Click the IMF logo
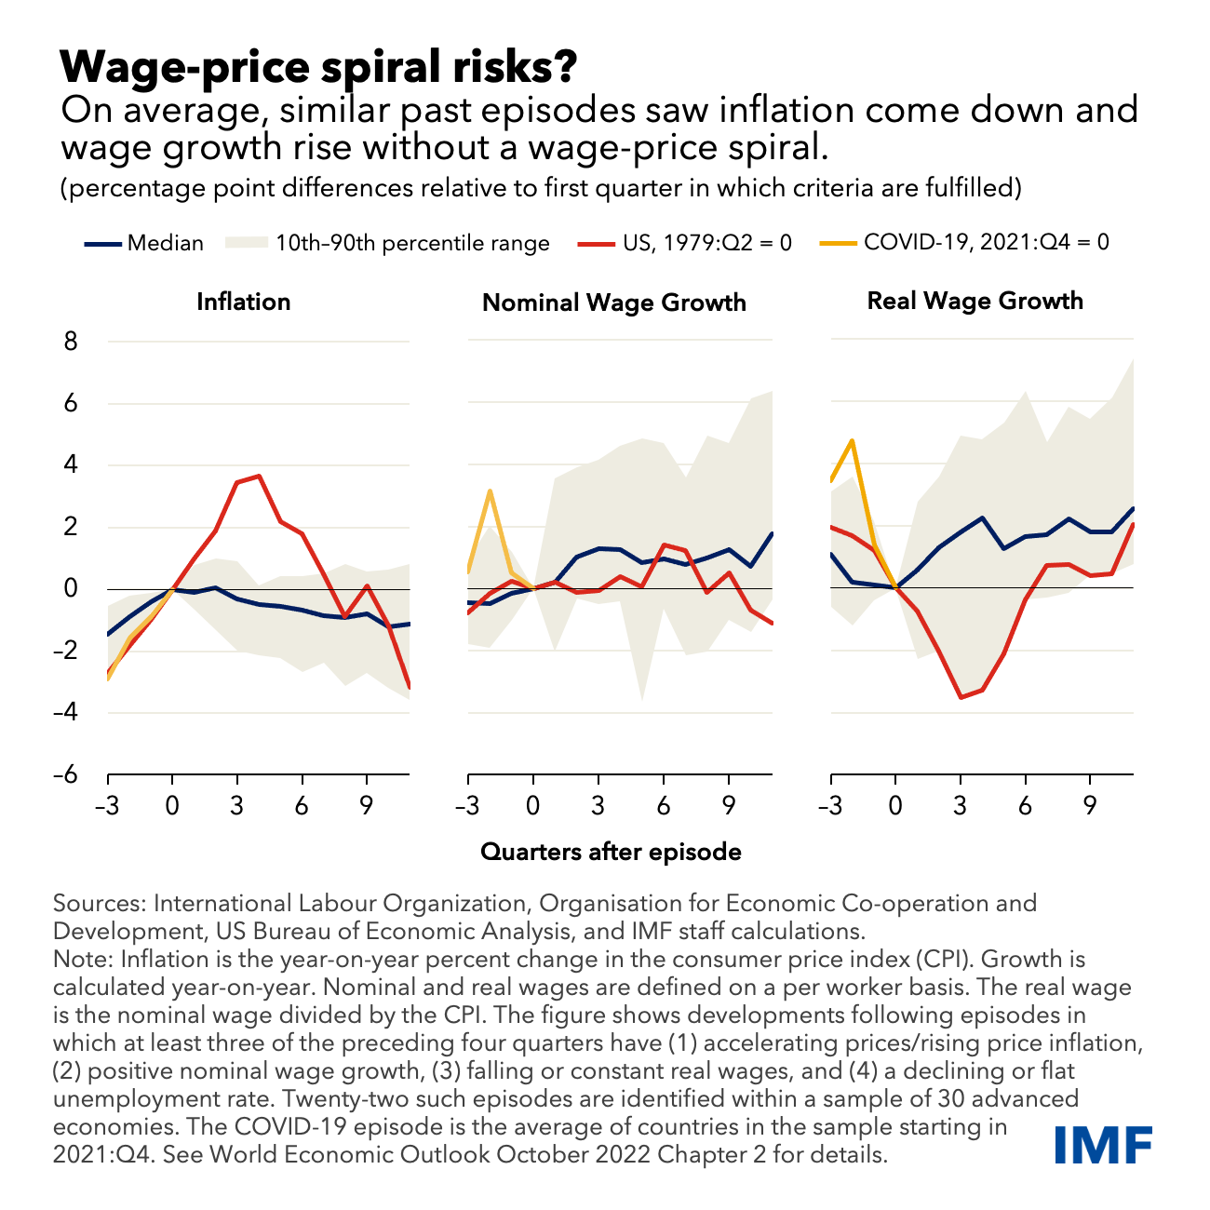(x=1105, y=1144)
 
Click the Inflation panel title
(x=243, y=302)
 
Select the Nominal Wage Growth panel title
(x=613, y=302)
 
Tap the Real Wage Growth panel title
(x=975, y=301)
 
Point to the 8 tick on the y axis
(x=70, y=342)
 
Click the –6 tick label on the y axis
(x=64, y=774)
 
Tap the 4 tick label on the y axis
(x=70, y=465)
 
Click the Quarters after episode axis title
(x=611, y=852)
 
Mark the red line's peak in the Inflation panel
(x=259, y=476)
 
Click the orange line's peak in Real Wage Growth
(x=853, y=441)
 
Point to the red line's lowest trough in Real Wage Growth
(x=960, y=697)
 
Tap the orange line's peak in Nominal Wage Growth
(x=490, y=491)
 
